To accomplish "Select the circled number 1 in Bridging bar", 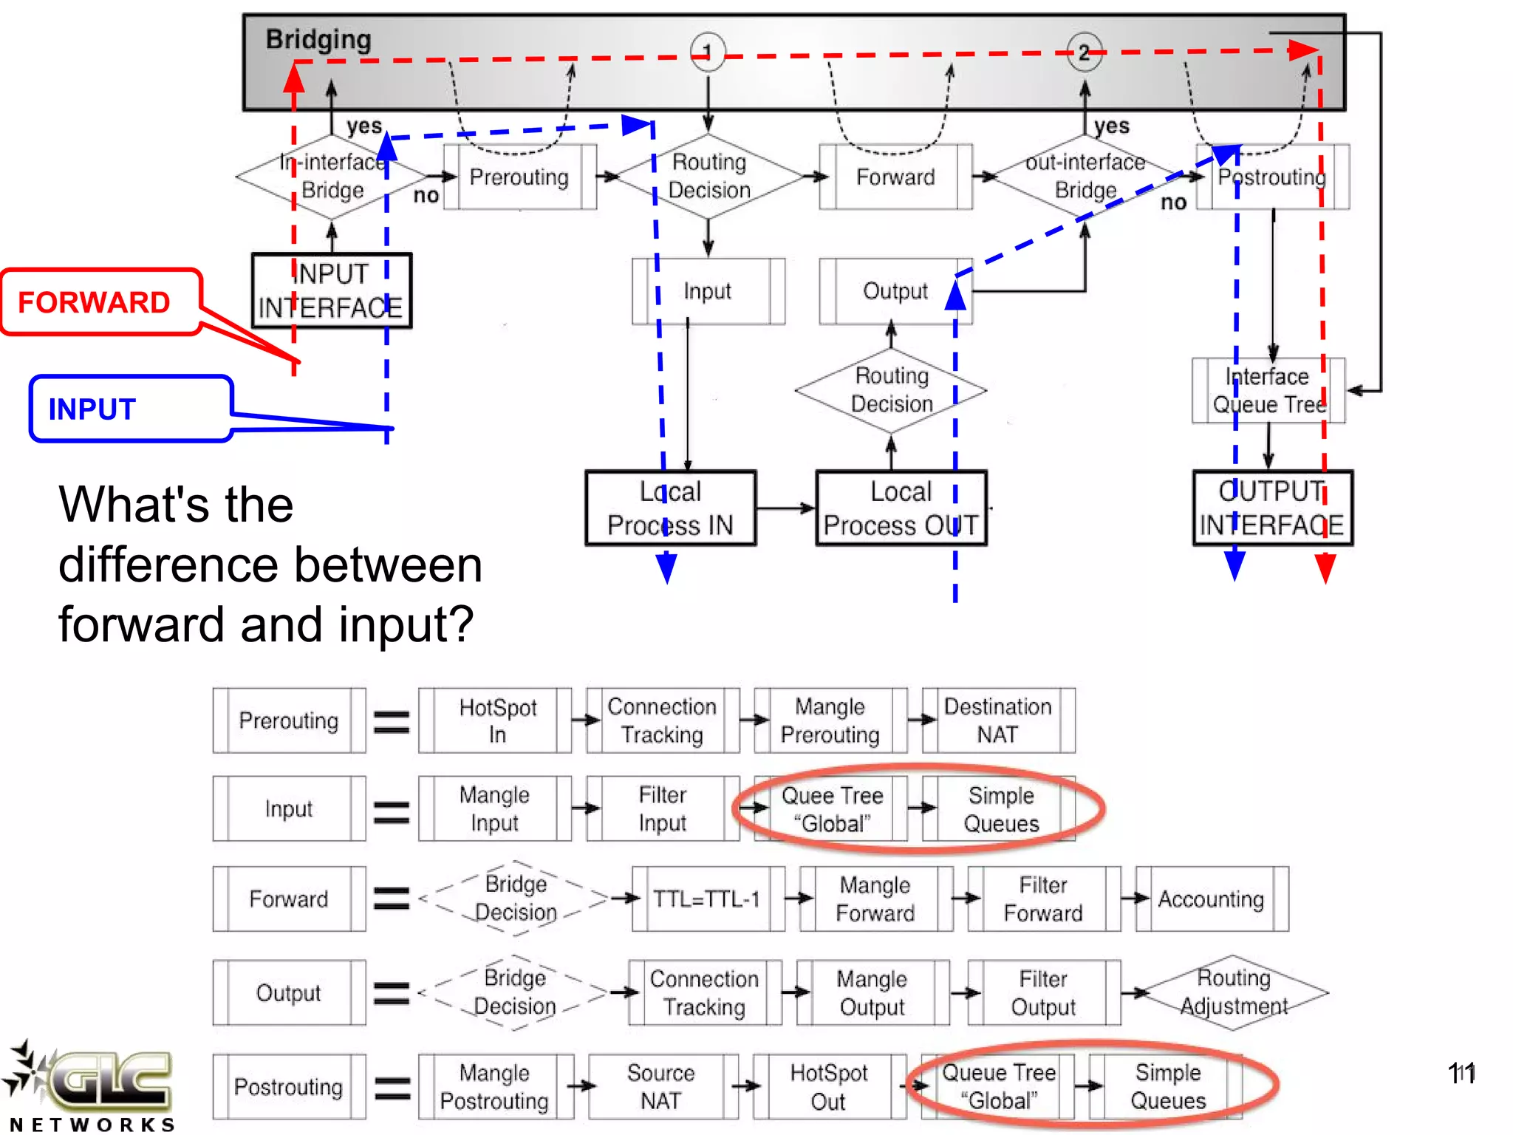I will pos(707,52).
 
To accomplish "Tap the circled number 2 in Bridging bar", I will pos(1084,52).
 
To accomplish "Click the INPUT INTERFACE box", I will pos(331,290).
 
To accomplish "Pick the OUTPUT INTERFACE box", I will pos(1271,508).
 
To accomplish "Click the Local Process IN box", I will pos(670,508).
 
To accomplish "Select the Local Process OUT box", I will pos(901,508).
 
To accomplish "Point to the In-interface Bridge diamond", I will pos(332,176).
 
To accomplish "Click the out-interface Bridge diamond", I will pos(1085,176).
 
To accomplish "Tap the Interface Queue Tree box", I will pos(1268,390).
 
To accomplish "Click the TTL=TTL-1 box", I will pos(707,899).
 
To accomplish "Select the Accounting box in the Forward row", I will pos(1211,899).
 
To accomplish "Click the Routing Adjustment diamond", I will pos(1233,992).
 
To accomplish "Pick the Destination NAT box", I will pos(997,720).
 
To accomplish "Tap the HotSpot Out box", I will pos(828,1086).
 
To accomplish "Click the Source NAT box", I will pos(661,1086).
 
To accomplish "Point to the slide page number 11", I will pos(1461,1073).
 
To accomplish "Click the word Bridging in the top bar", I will pos(318,39).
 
